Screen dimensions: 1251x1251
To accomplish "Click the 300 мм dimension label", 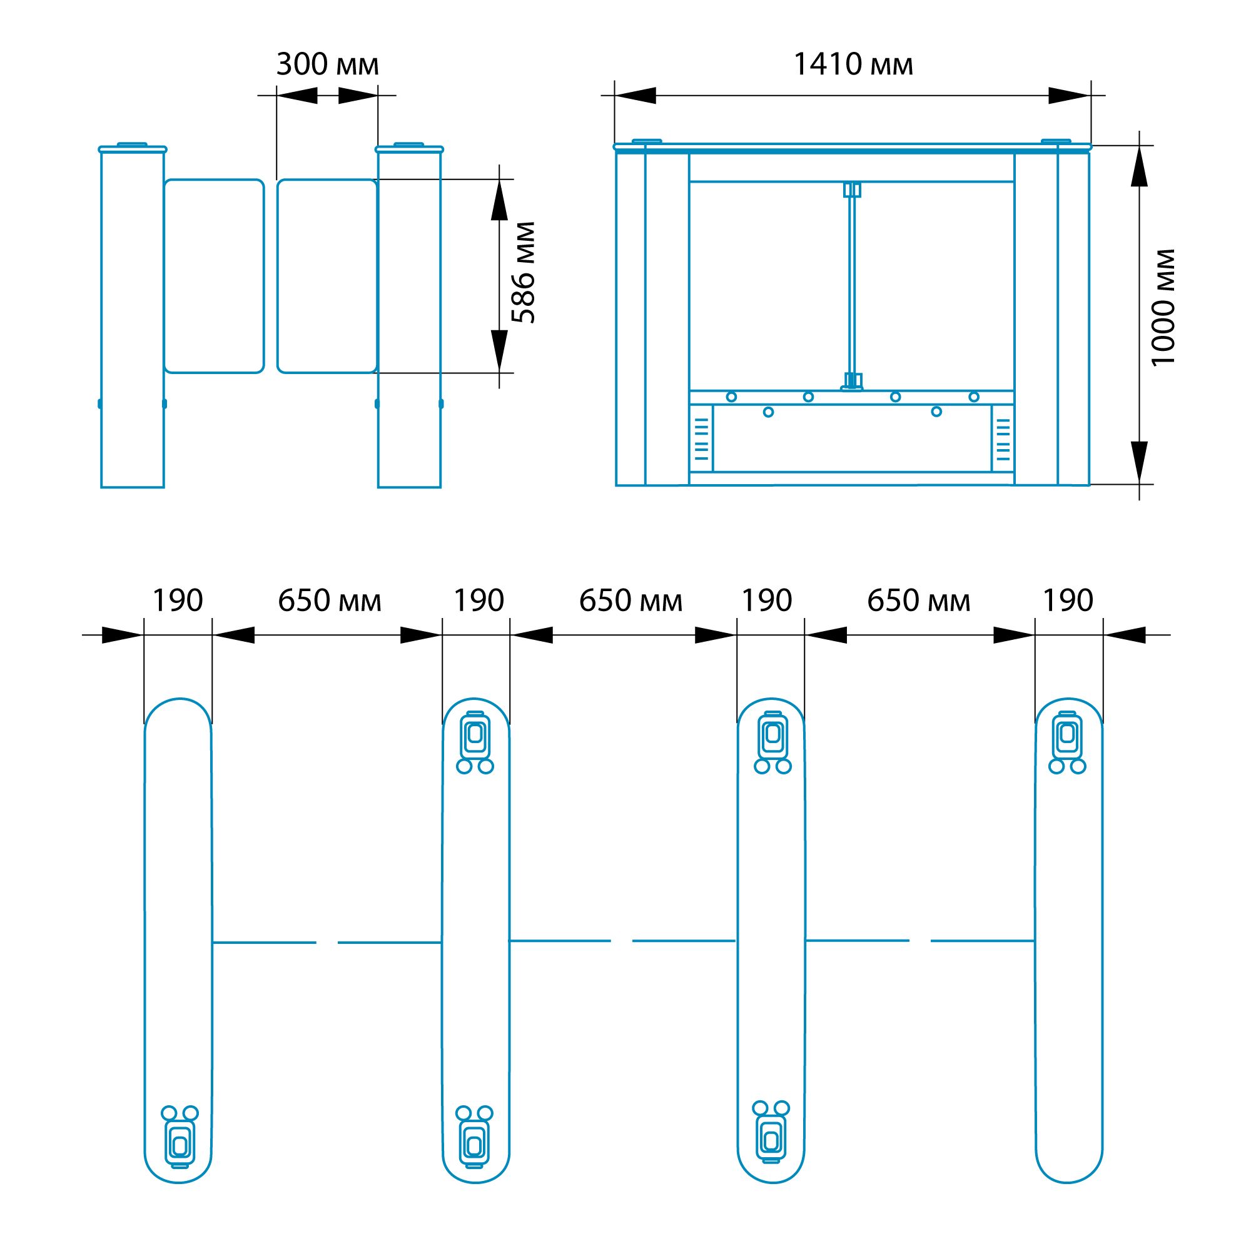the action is (x=327, y=64).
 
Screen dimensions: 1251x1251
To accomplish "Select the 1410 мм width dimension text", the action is (x=853, y=64).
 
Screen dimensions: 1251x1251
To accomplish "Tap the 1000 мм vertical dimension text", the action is (x=1162, y=308).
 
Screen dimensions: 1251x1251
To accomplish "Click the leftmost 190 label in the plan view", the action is (x=178, y=600).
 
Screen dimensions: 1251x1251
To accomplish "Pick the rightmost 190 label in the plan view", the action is (x=1068, y=600).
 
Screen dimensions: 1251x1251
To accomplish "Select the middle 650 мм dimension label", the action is (x=630, y=600).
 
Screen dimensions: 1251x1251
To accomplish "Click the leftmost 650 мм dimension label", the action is (x=330, y=600).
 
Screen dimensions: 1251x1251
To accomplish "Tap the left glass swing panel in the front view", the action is (x=215, y=276).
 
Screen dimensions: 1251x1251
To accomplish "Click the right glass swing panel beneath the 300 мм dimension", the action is (x=327, y=276).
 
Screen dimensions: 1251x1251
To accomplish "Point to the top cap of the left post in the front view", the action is (x=133, y=148).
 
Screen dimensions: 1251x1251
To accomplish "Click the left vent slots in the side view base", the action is (x=702, y=438).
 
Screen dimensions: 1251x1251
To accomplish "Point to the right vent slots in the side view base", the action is (x=1002, y=438).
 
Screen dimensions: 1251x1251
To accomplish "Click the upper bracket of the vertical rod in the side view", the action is (x=852, y=190).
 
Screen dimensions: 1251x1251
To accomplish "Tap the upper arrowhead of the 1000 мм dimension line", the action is (x=1139, y=166).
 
